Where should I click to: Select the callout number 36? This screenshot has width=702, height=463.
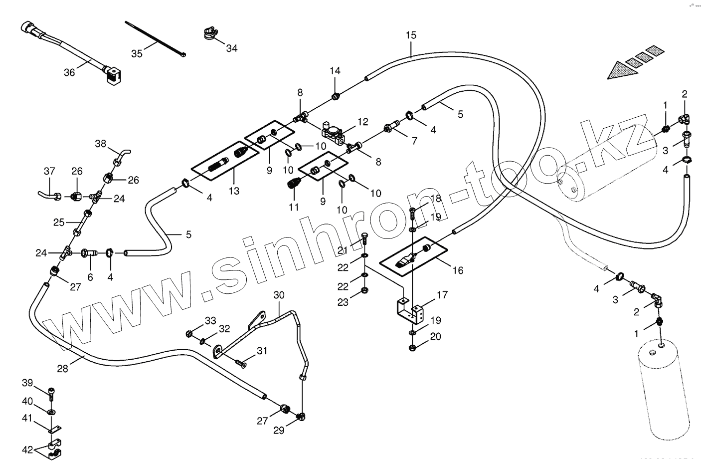[69, 72]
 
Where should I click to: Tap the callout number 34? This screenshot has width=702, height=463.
[232, 48]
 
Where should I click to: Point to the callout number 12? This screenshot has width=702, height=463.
[362, 121]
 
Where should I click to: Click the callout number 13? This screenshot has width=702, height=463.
[234, 191]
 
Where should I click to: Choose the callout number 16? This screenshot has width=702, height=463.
[458, 270]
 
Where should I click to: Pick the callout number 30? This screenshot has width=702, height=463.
[279, 295]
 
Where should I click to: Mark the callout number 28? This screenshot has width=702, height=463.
[62, 369]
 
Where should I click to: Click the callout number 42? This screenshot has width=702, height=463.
[28, 450]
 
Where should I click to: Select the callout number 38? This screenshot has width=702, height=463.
[101, 144]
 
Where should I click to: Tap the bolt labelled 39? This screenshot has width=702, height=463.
[51, 392]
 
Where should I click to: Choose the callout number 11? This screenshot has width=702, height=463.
[294, 207]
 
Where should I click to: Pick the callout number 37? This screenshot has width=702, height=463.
[49, 171]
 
